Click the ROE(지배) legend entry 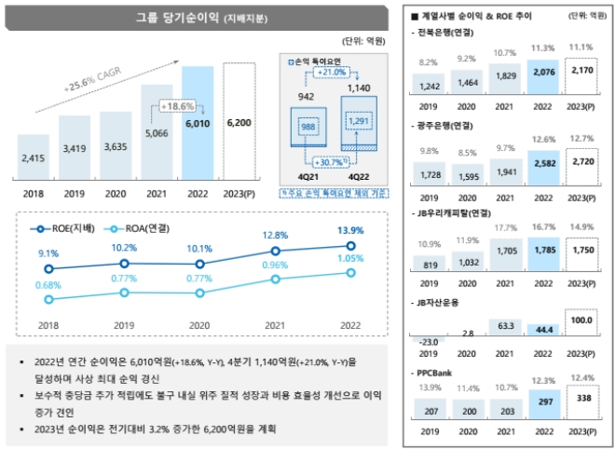pyautogui.click(x=62, y=229)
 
